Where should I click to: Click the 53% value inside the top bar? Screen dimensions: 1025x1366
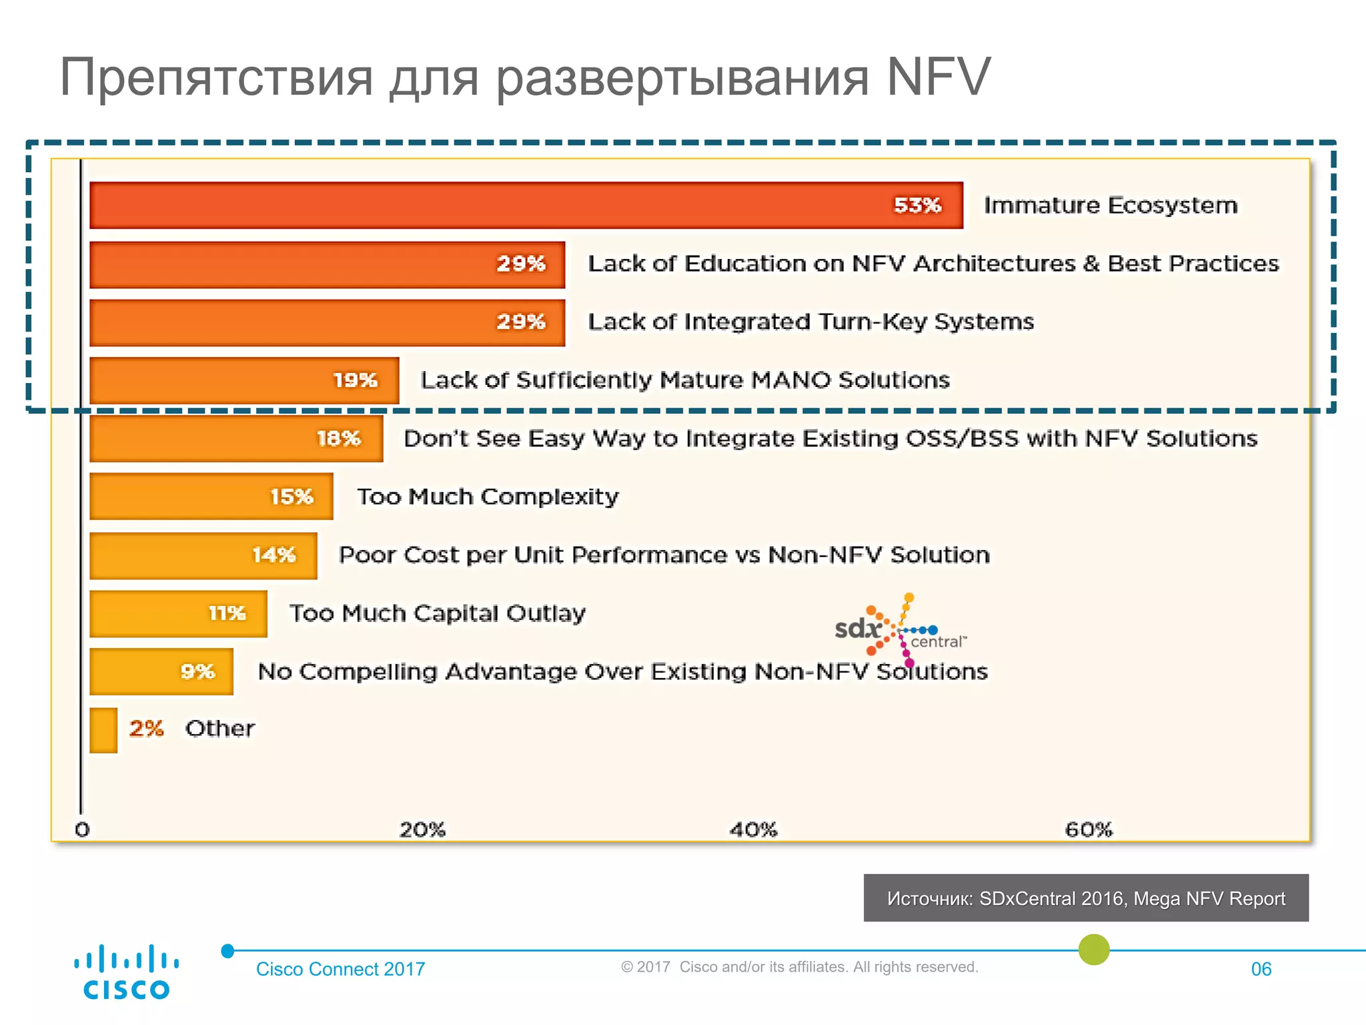917,205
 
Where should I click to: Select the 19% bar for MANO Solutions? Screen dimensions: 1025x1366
244,380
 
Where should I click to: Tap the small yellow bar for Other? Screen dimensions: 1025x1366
103,730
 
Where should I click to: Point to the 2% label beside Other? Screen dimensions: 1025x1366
146,728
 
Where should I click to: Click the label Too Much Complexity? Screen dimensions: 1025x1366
488,496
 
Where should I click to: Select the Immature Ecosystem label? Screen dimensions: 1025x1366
1111,205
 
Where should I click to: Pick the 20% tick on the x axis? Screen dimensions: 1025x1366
422,829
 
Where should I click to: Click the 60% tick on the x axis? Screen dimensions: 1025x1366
1089,829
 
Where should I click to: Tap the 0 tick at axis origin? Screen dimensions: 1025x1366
82,829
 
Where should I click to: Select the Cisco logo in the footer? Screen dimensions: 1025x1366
126,972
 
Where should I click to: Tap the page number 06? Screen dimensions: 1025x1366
1261,969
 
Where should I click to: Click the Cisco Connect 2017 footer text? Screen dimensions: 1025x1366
340,969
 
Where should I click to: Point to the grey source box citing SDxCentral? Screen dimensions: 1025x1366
1085,898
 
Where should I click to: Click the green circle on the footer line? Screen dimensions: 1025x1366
1094,949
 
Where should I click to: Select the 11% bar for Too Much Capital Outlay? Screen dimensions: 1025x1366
178,613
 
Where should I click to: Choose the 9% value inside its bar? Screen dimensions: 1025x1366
197,671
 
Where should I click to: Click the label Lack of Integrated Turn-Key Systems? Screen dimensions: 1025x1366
810,322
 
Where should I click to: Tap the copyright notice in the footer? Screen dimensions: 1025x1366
799,967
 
